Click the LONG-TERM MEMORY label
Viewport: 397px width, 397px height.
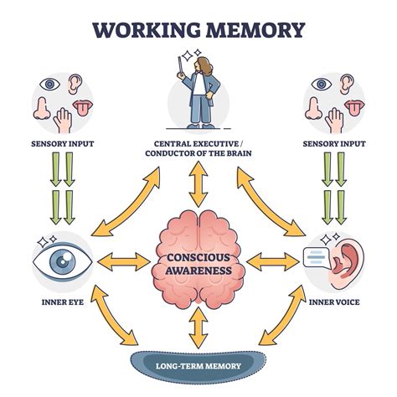coord(198,365)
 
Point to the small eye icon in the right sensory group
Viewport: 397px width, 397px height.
coord(320,84)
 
